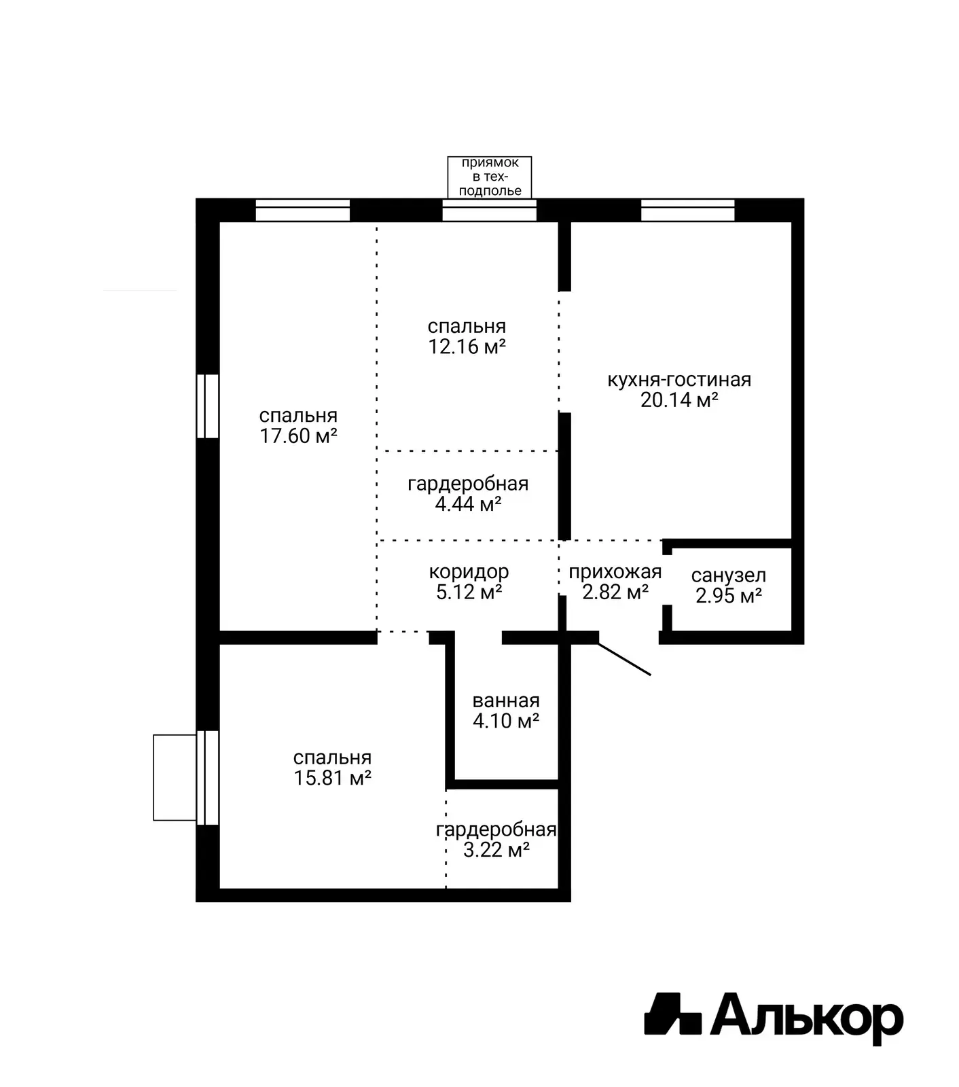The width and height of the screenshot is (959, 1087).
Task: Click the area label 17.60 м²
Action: pos(299,435)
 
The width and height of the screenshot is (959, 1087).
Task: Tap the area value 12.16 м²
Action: pos(467,346)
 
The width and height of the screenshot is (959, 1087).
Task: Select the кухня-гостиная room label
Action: pos(679,379)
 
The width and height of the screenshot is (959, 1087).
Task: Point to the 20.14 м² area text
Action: pos(679,399)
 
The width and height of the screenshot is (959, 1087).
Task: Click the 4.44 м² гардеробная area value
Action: pos(469,503)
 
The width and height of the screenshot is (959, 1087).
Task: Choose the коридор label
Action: pos(469,572)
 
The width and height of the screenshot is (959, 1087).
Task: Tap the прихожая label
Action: pos(615,572)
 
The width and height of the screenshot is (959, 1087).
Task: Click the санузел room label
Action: pos(729,575)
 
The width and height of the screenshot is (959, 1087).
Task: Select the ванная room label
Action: pos(506,700)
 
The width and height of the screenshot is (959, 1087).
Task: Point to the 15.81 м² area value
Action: pos(333,778)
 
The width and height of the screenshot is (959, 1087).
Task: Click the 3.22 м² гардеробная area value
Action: pos(496,850)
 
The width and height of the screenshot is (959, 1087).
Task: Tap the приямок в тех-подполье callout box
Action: pos(490,177)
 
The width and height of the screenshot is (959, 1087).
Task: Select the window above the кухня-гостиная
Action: pos(688,210)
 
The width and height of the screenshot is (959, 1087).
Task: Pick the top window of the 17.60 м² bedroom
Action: pos(303,210)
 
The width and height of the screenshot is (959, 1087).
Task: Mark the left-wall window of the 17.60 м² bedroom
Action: pos(208,406)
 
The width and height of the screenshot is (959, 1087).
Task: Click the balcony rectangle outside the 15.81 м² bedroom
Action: pos(175,778)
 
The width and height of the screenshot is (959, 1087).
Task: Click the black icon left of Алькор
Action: pos(672,1014)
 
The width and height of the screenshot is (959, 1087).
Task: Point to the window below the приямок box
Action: pos(490,210)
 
